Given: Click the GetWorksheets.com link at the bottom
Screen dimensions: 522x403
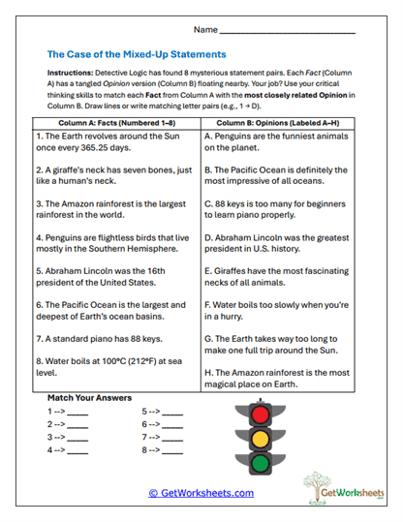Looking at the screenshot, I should click(x=201, y=493).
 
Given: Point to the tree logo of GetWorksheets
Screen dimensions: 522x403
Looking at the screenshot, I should click(x=320, y=483).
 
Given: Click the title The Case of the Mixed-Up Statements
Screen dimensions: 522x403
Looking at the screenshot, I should click(x=137, y=54).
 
